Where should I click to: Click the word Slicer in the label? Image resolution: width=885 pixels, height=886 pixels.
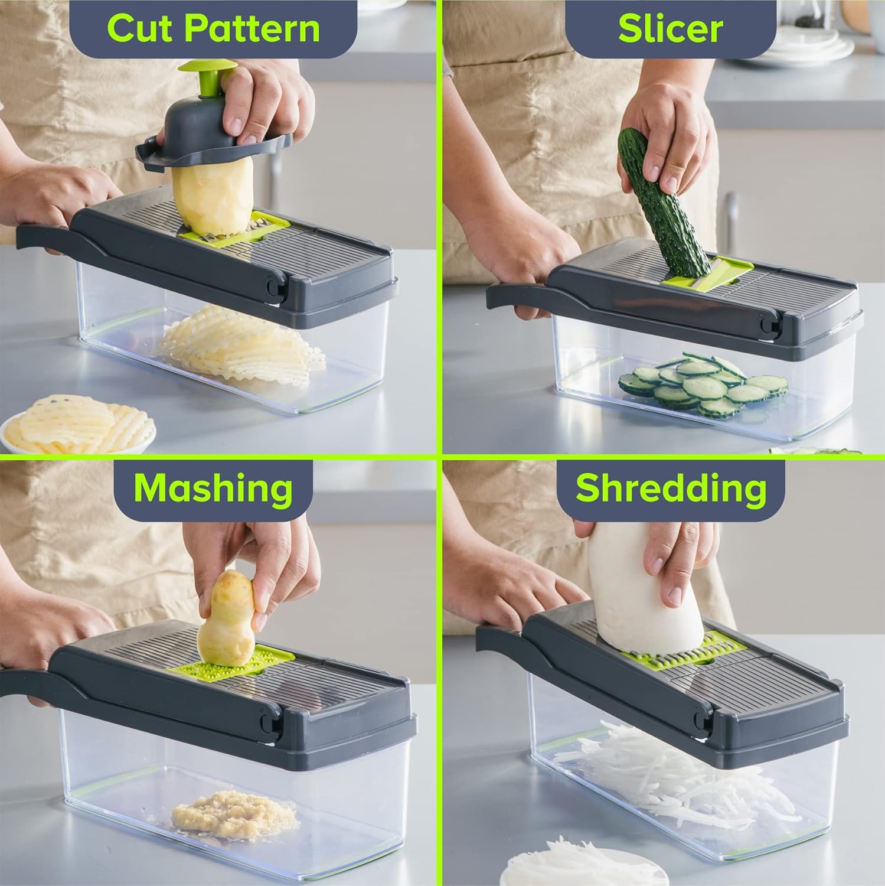(670, 28)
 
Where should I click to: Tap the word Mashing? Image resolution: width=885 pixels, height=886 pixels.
(213, 488)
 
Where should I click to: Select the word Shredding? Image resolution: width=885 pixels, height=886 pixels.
(671, 488)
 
